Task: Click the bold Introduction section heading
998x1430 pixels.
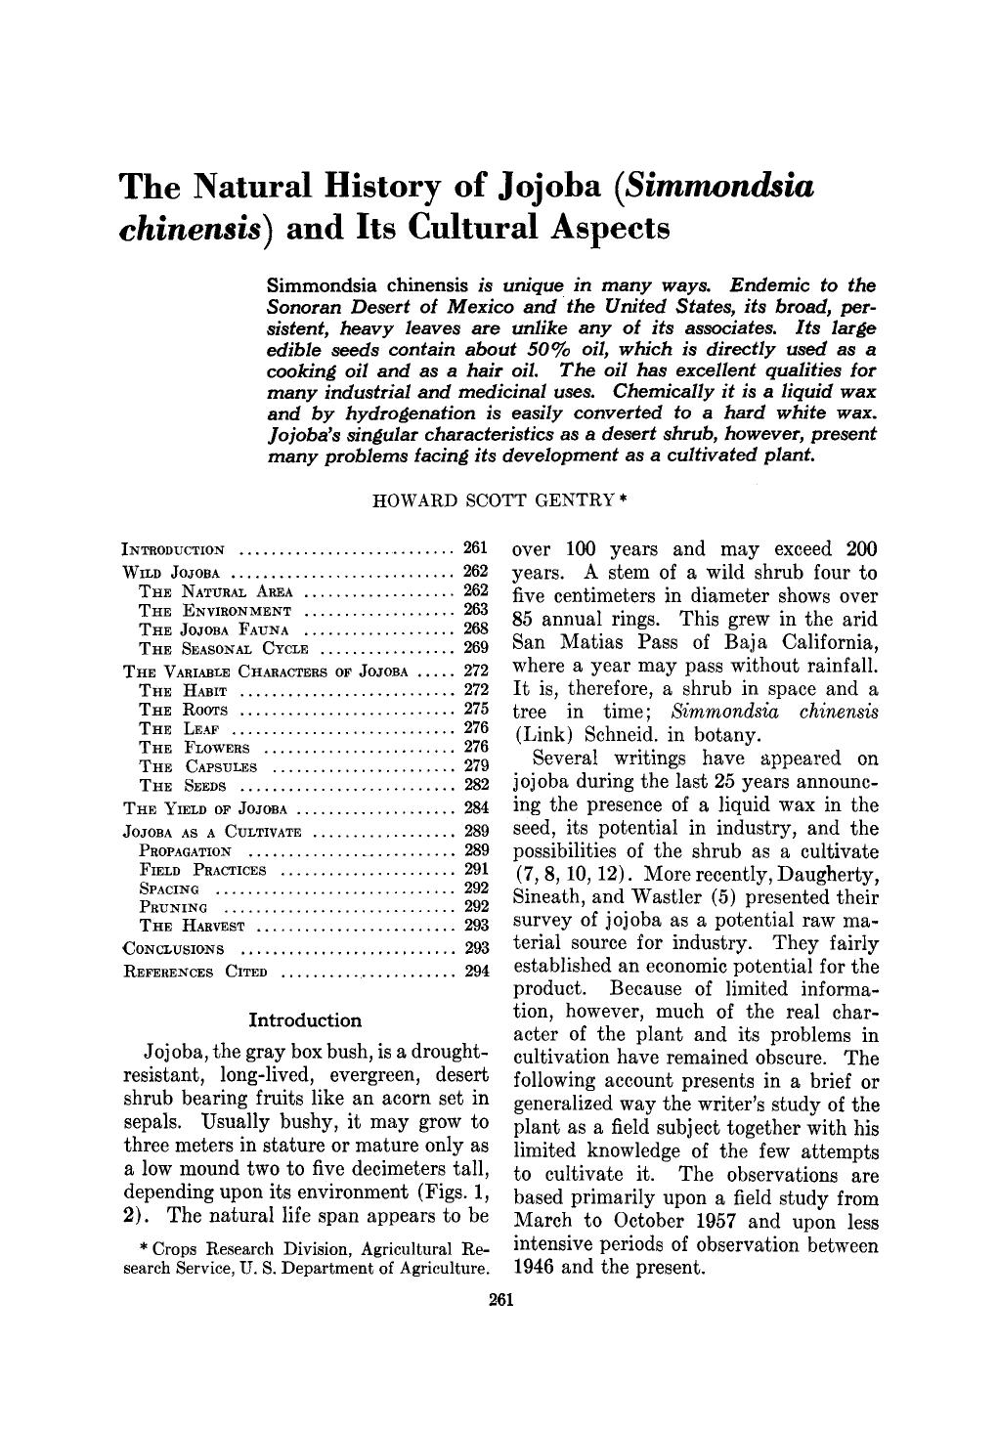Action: [305, 1020]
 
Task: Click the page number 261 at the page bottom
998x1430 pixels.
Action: [499, 1299]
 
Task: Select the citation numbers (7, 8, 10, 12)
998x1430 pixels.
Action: [562, 874]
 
